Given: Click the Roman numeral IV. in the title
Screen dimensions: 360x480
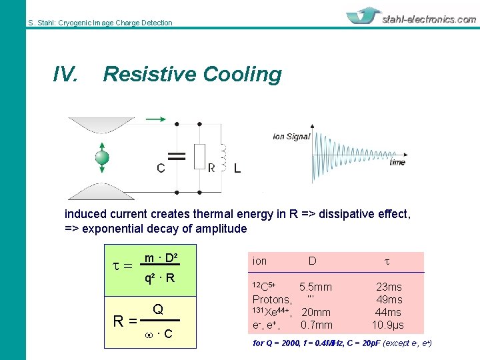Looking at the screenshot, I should pos(65,75).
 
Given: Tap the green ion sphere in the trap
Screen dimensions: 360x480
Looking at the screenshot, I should pos(102,157).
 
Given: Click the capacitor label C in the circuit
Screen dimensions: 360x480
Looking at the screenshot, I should pos(161,168).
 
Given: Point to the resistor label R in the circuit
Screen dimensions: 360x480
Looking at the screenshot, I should pos(211,168).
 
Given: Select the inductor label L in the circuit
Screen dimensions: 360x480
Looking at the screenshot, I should pos(237,169).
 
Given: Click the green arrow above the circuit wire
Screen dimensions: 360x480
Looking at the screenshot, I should pos(155,119).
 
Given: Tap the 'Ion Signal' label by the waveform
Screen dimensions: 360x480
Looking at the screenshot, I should pos(291,137).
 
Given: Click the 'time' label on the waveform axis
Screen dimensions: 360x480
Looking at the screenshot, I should pos(397,162).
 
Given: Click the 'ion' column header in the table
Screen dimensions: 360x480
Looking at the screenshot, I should pos(259,261).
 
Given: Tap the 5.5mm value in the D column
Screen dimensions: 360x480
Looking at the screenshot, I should pos(315,287).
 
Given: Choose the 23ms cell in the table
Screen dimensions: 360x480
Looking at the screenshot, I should pos(389,287).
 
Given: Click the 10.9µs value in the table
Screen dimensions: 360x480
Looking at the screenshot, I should pos(387,325).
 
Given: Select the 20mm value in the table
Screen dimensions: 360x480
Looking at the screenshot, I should pos(316,313).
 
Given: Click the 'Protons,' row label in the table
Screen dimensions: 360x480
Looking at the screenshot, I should pos(272,299).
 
